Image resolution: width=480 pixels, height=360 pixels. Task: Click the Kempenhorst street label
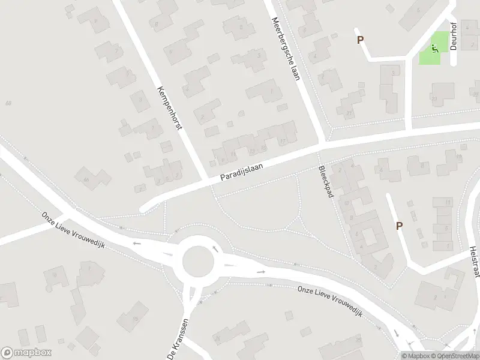pyautogui.click(x=169, y=112)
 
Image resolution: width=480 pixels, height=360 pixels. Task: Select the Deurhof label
pyautogui.click(x=454, y=37)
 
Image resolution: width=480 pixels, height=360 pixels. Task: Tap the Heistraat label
pyautogui.click(x=473, y=260)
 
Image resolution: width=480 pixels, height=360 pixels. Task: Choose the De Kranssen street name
pyautogui.click(x=178, y=338)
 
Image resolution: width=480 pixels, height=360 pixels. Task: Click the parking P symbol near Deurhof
pyautogui.click(x=361, y=40)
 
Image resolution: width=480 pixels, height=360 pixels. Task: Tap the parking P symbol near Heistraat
pyautogui.click(x=399, y=226)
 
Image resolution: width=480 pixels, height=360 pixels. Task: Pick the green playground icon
pyautogui.click(x=434, y=48)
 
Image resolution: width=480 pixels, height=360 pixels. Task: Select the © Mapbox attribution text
pyautogui.click(x=416, y=356)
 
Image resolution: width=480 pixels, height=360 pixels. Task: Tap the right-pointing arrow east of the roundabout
pyautogui.click(x=262, y=272)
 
